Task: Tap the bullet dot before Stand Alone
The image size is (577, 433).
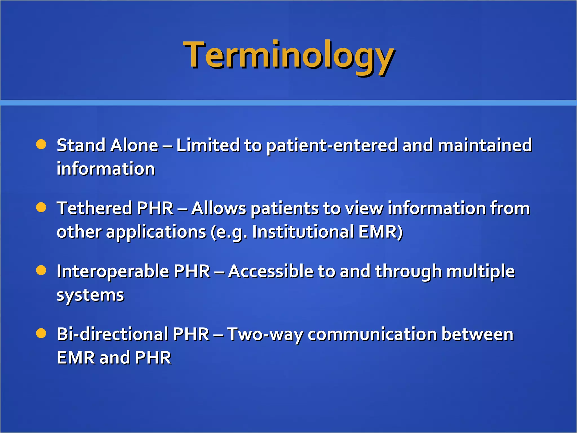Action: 41,144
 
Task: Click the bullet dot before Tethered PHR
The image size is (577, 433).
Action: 41,208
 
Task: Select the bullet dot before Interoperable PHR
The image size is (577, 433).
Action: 41,270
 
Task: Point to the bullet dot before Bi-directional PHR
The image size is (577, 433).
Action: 41,333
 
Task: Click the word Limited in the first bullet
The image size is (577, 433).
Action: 208,145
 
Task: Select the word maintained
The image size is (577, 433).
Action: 485,145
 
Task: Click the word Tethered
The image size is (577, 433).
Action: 94,208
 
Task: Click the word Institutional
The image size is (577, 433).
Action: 303,232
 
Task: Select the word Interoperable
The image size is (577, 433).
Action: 113,272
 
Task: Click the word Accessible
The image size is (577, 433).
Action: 271,271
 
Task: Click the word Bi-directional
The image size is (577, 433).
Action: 112,334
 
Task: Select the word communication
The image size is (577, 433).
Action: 372,334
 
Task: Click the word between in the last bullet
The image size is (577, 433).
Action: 477,334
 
